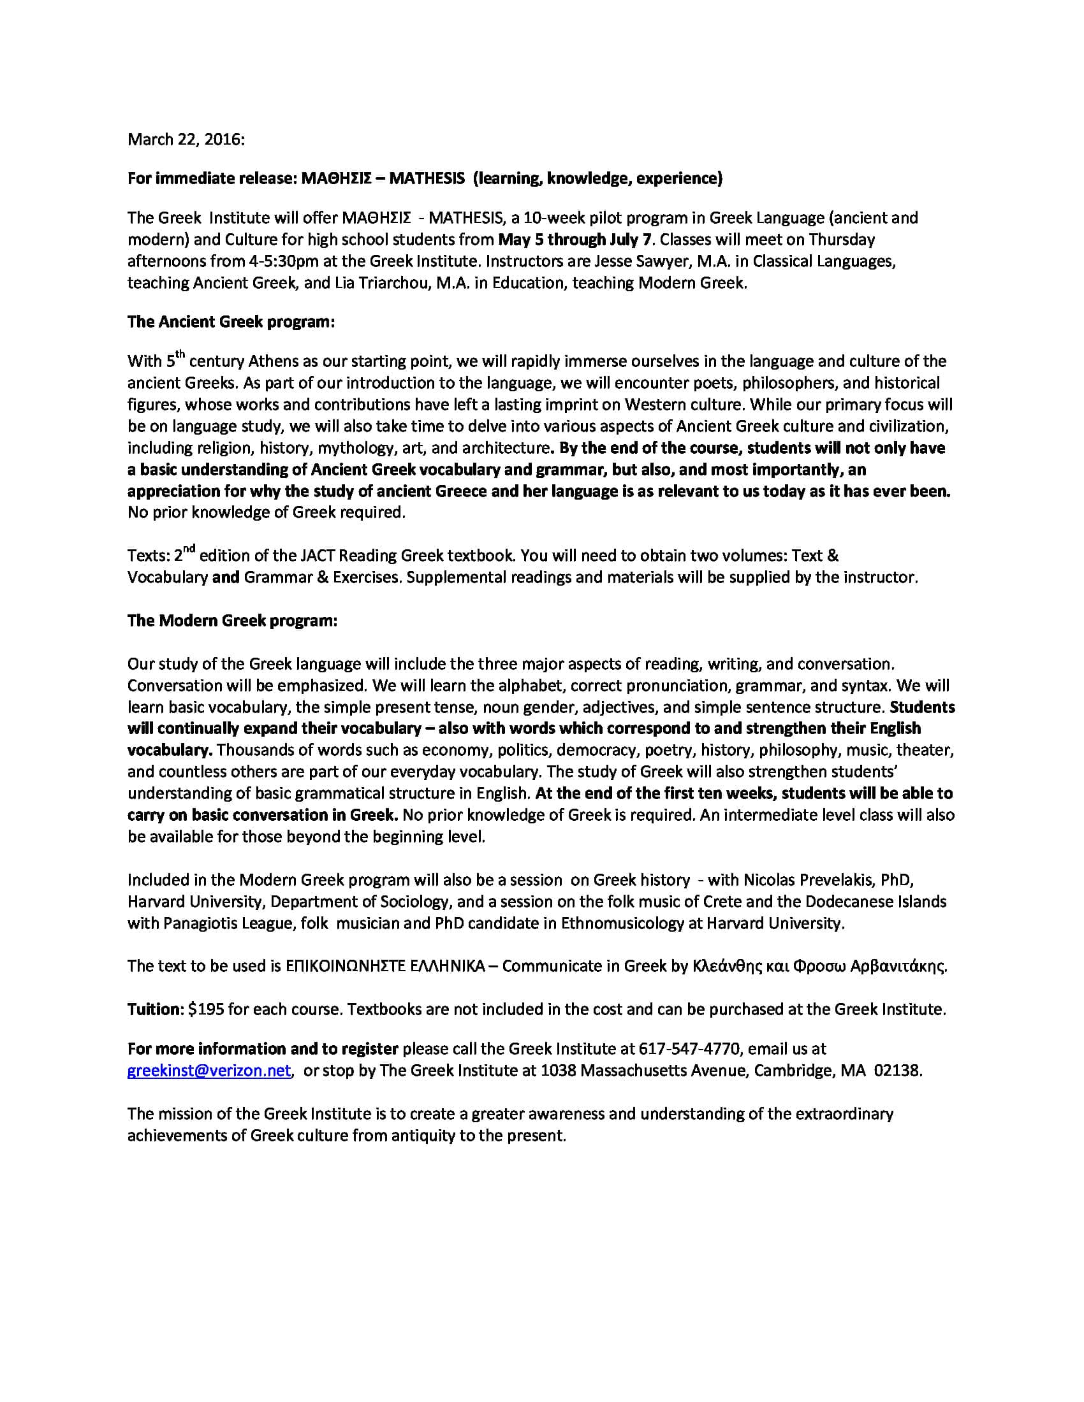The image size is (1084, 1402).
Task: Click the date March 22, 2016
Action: click(x=186, y=140)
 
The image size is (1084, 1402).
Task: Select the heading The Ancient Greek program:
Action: click(x=231, y=322)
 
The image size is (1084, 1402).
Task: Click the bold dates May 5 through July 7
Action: click(x=575, y=240)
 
